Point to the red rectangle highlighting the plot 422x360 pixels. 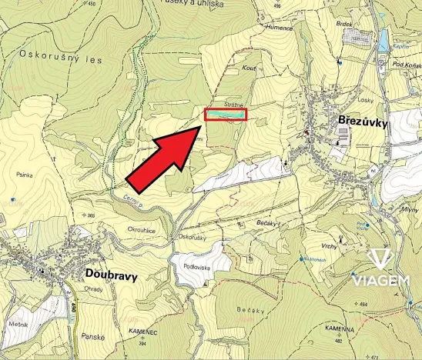coord(226,115)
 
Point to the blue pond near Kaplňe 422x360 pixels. coord(380,38)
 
